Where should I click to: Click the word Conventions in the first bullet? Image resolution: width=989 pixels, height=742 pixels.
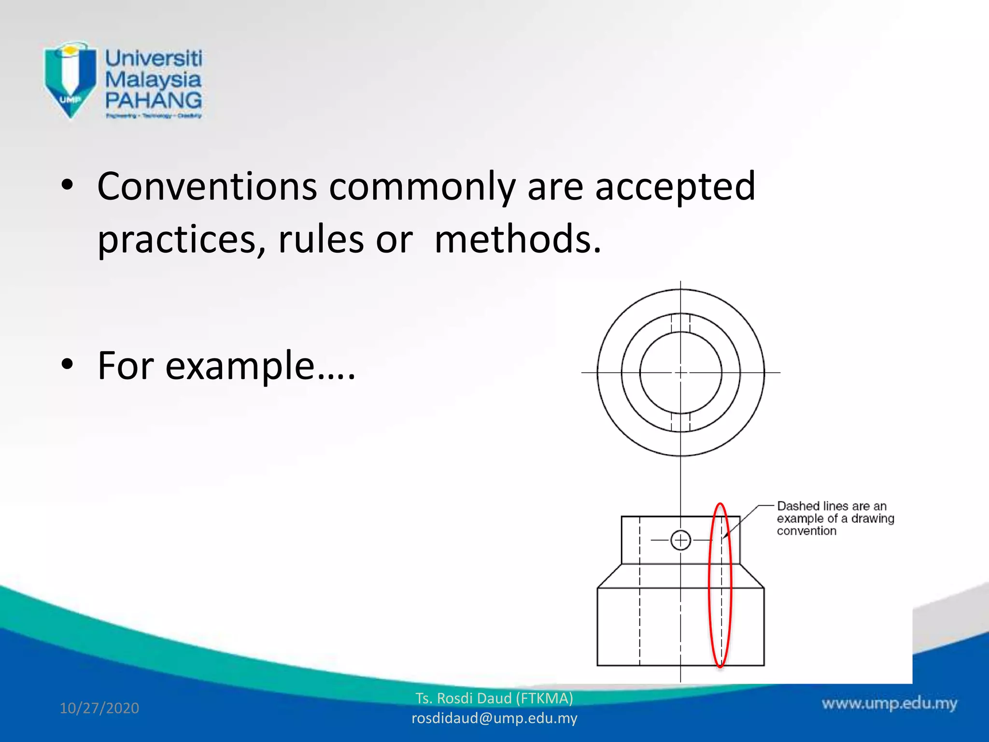click(x=207, y=186)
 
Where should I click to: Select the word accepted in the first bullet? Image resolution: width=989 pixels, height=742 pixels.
click(x=675, y=186)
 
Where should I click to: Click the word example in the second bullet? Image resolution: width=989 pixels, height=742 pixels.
click(x=240, y=366)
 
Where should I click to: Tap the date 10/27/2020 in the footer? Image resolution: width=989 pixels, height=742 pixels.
click(x=99, y=708)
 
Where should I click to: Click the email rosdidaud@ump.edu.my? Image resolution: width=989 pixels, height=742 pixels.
click(x=494, y=718)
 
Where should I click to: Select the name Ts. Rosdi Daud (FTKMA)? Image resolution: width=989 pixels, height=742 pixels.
click(x=494, y=699)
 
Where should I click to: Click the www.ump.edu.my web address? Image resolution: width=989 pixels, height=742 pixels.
click(x=889, y=703)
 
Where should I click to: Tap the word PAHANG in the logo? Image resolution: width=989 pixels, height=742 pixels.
click(x=154, y=100)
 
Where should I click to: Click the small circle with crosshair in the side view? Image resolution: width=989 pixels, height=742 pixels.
click(x=680, y=540)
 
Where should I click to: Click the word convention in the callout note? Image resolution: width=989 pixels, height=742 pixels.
click(x=806, y=531)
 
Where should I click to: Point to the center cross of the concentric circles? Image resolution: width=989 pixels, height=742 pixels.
click(x=680, y=372)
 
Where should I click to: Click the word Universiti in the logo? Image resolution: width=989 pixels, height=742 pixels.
click(x=154, y=58)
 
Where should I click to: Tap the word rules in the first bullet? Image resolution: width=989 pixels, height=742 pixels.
click(x=321, y=239)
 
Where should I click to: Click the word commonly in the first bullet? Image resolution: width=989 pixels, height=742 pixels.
click(x=422, y=186)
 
